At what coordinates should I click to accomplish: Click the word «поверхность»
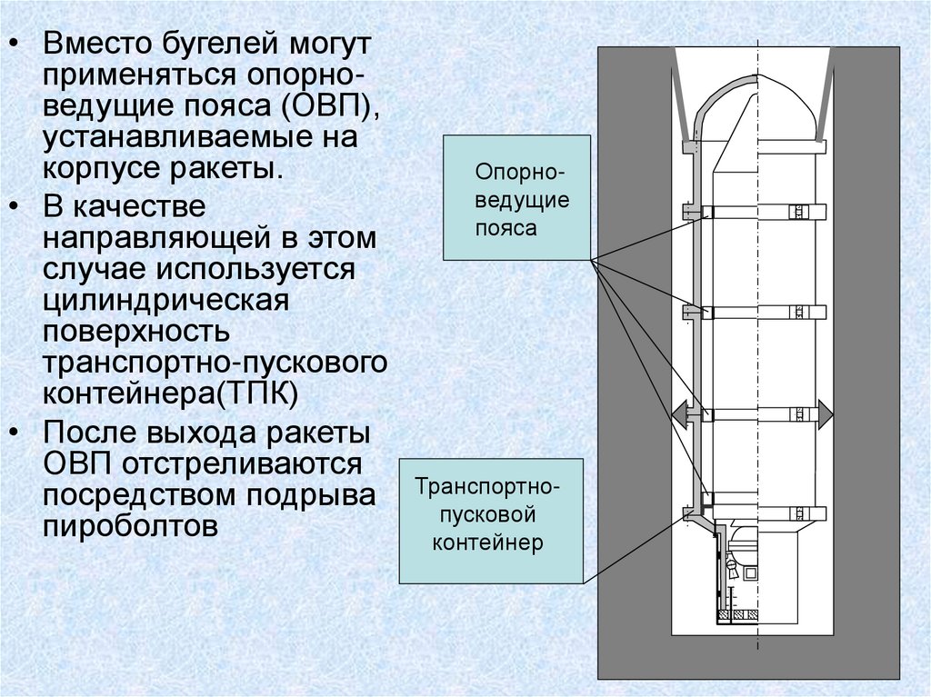click(137, 332)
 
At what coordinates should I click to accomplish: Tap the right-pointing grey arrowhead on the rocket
click(824, 414)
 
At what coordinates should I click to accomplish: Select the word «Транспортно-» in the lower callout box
click(488, 486)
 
